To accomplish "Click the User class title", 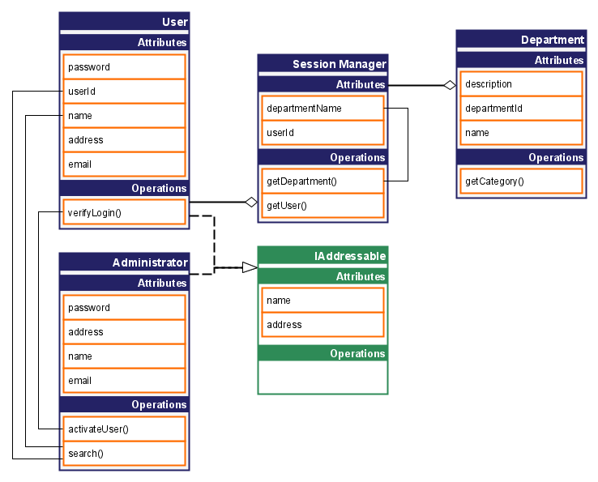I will (x=174, y=22).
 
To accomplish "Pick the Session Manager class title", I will (x=339, y=64).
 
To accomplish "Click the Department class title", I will (x=552, y=40).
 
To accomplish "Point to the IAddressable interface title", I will (x=349, y=256).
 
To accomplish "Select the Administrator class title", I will (x=150, y=262).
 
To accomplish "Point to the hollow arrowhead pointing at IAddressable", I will (x=250, y=267).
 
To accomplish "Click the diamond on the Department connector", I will (x=449, y=85).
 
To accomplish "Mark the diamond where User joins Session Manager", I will (x=251, y=202).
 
